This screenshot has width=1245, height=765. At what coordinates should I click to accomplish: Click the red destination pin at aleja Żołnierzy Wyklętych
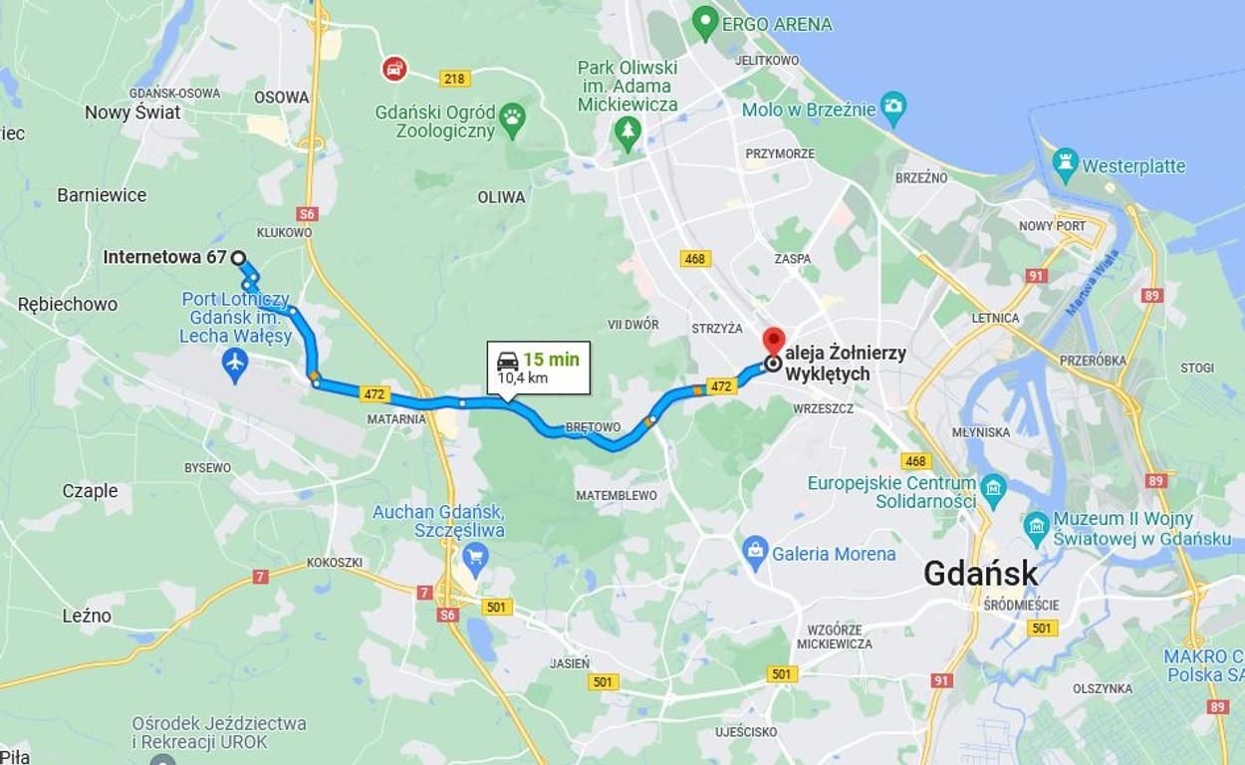pos(774,341)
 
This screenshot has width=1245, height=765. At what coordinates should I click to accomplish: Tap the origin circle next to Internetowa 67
pos(238,258)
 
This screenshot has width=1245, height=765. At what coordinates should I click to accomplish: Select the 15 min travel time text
pos(551,360)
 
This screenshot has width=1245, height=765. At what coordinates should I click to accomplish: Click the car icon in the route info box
pos(508,361)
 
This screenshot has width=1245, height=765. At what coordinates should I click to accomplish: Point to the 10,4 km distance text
pos(522,379)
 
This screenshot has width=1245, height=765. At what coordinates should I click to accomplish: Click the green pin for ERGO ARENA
pos(705,21)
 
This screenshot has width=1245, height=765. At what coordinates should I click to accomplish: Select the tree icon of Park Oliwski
pos(627,132)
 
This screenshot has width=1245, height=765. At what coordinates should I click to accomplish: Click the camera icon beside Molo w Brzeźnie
pos(893,109)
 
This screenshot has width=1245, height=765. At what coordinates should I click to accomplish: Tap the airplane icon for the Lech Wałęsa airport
pos(235,365)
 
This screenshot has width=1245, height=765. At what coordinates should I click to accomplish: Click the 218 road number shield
pos(454,79)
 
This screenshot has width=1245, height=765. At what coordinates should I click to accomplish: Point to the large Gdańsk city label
pos(980,573)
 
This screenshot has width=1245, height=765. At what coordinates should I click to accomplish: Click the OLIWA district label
pos(501,197)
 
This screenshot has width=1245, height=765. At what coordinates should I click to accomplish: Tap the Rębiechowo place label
pos(68,304)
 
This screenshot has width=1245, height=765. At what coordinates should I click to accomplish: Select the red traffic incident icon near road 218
pos(394,68)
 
